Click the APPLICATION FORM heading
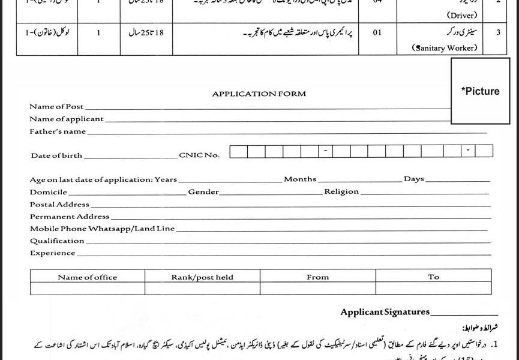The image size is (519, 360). pos(259,94)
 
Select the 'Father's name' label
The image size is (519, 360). pos(58,130)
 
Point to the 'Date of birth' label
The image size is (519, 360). pos(56,155)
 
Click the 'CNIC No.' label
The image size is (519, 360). pos(199,155)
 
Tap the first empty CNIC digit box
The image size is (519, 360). pos(238,152)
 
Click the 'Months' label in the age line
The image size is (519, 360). pos(300,179)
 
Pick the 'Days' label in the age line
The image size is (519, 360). pos(413,179)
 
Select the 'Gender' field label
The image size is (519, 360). pos(203,192)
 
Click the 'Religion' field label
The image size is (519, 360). pos(341,192)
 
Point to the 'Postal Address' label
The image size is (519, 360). pos(59,205)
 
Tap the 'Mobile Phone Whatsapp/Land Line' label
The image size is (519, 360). pos(102,229)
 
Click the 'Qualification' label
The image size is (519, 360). pos(57,241)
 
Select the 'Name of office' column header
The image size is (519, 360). pos(88,277)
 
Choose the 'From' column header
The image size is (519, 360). pos(317,277)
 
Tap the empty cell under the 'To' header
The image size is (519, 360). pos(434,289)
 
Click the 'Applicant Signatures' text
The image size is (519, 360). pos(385,312)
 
